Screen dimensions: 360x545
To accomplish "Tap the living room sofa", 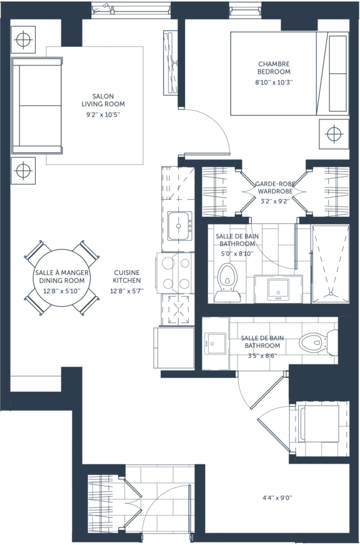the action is [x=37, y=106].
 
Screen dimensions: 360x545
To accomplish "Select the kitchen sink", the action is [x=179, y=226].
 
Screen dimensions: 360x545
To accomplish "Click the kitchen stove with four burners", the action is [x=176, y=273].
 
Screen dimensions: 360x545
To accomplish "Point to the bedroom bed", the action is [x=290, y=73].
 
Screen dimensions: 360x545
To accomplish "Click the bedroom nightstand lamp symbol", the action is [x=334, y=134].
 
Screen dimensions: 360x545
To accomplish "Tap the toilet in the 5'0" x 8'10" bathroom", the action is [x=227, y=282].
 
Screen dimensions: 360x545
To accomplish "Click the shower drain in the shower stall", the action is [x=331, y=294].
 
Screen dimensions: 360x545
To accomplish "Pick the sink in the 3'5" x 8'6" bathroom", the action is [x=215, y=344].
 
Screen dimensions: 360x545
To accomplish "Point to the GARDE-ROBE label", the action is [x=275, y=184].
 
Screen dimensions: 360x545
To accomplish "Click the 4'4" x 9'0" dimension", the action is [x=277, y=498].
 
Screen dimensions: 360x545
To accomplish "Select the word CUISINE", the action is [x=126, y=273].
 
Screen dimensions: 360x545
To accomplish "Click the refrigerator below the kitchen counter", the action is [x=174, y=347].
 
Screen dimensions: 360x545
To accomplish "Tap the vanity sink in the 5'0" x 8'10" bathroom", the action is [x=278, y=289].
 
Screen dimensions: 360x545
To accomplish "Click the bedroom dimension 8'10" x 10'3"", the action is [x=274, y=82].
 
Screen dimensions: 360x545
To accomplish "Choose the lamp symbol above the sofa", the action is [x=23, y=40].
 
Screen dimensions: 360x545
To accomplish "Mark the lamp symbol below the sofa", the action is [x=23, y=171].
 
